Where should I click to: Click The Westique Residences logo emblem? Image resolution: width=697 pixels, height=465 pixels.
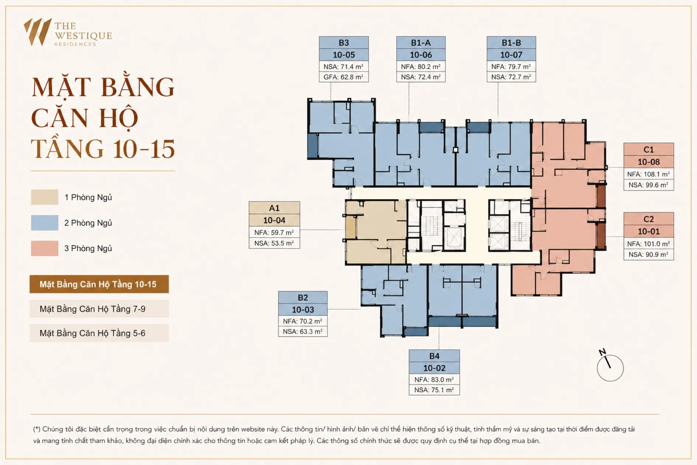pyautogui.click(x=38, y=32)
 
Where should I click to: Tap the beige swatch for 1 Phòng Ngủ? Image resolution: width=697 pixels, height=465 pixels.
pyautogui.click(x=45, y=197)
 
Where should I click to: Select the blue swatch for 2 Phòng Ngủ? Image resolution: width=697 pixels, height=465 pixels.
pyautogui.click(x=45, y=223)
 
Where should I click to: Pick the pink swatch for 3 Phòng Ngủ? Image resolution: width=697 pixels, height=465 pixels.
pyautogui.click(x=45, y=248)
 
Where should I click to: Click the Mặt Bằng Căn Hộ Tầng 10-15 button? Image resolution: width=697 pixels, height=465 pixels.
pyautogui.click(x=99, y=284)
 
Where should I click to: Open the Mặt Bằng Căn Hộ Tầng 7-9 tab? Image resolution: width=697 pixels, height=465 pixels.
pyautogui.click(x=99, y=309)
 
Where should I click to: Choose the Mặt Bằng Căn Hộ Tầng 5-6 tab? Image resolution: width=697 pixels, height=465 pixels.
pyautogui.click(x=99, y=333)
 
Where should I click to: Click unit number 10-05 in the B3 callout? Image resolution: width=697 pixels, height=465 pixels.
pyautogui.click(x=344, y=55)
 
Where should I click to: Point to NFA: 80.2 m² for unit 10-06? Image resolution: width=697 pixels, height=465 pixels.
pyautogui.click(x=421, y=66)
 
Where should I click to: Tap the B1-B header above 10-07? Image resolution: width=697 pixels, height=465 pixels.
pyautogui.click(x=511, y=42)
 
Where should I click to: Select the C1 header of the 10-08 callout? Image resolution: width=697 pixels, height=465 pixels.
pyautogui.click(x=649, y=149)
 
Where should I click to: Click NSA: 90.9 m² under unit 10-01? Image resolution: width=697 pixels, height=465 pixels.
pyautogui.click(x=649, y=254)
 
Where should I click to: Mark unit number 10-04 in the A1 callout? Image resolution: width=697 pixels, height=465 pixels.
pyautogui.click(x=274, y=220)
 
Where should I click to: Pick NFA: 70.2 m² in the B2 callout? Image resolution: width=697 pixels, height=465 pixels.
pyautogui.click(x=303, y=321)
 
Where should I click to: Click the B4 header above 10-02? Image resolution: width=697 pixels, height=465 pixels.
pyautogui.click(x=434, y=356)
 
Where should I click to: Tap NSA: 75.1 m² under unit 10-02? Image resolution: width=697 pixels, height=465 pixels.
pyautogui.click(x=434, y=390)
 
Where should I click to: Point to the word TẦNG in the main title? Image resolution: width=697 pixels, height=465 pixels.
pyautogui.click(x=67, y=149)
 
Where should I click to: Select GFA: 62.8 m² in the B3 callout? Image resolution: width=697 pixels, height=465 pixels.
pyautogui.click(x=344, y=77)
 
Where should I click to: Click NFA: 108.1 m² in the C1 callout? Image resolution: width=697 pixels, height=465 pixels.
pyautogui.click(x=649, y=174)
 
